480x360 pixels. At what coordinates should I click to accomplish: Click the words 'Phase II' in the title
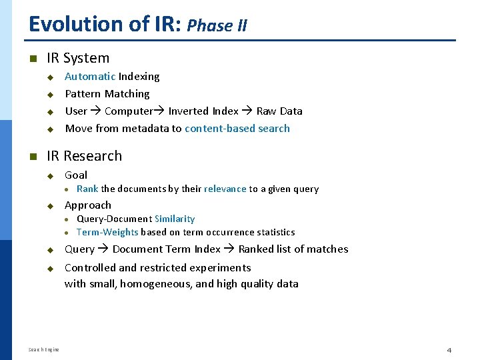[217, 26]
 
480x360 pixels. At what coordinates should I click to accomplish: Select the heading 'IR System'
[78, 58]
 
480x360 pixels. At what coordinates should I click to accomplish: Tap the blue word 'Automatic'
[90, 77]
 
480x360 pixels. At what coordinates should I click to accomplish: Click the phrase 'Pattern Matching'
[107, 94]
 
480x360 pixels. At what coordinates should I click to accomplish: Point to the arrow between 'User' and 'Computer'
[96, 111]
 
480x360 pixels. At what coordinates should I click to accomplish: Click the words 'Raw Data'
[279, 111]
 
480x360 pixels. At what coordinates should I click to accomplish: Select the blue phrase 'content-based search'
[237, 129]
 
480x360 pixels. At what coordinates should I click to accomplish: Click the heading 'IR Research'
[84, 156]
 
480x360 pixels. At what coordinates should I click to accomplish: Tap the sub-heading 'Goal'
[76, 175]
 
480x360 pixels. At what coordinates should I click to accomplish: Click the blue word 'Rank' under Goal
[87, 189]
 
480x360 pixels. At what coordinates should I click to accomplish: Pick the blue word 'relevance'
[225, 189]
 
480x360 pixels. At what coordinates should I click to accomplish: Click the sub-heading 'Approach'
[88, 205]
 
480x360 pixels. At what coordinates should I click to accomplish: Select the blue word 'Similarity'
[175, 219]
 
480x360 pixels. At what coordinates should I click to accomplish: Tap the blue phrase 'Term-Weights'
[107, 232]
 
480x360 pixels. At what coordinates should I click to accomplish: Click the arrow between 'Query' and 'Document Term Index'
[103, 249]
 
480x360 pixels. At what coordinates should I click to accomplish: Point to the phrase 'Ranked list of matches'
[293, 249]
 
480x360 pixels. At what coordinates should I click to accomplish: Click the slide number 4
[449, 350]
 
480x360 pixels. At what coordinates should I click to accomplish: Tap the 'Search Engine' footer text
[44, 350]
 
